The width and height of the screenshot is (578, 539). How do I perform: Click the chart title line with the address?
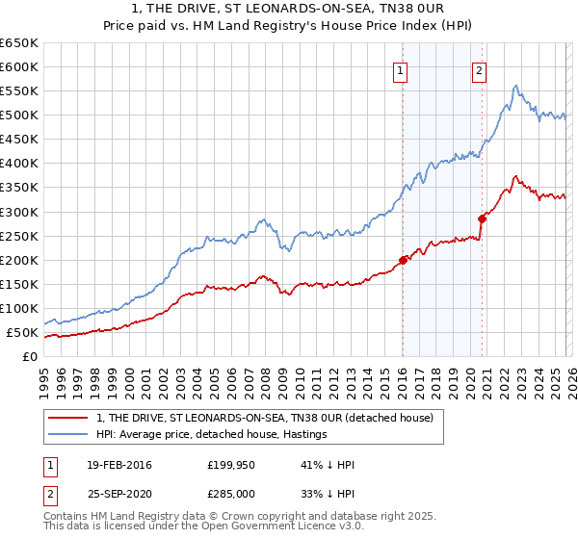tap(289, 9)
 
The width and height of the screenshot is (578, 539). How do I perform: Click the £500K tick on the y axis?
tap(19, 115)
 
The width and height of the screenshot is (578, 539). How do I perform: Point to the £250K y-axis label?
tap(19, 236)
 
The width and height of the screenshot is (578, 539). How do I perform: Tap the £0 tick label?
tap(30, 357)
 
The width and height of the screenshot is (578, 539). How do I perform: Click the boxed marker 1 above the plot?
tap(399, 69)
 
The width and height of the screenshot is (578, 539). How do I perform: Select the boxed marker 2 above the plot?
tap(479, 69)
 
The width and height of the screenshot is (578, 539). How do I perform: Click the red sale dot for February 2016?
tap(403, 260)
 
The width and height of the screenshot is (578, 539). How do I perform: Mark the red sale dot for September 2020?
tap(482, 218)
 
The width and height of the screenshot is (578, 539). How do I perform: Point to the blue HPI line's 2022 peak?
tap(516, 86)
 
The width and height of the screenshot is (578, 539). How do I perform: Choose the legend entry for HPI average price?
tap(212, 435)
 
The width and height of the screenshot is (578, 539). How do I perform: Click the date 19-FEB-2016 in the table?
tap(118, 465)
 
